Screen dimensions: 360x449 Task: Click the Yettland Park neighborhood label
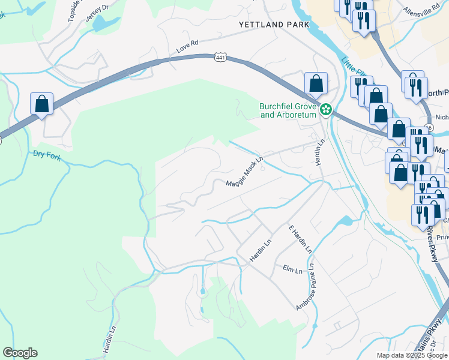(274, 25)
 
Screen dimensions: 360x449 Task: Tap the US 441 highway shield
(220, 56)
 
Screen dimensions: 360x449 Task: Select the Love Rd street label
(187, 43)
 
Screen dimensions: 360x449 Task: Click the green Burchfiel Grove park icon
(326, 109)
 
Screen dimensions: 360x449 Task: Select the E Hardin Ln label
(300, 239)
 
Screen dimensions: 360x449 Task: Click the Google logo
(20, 353)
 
